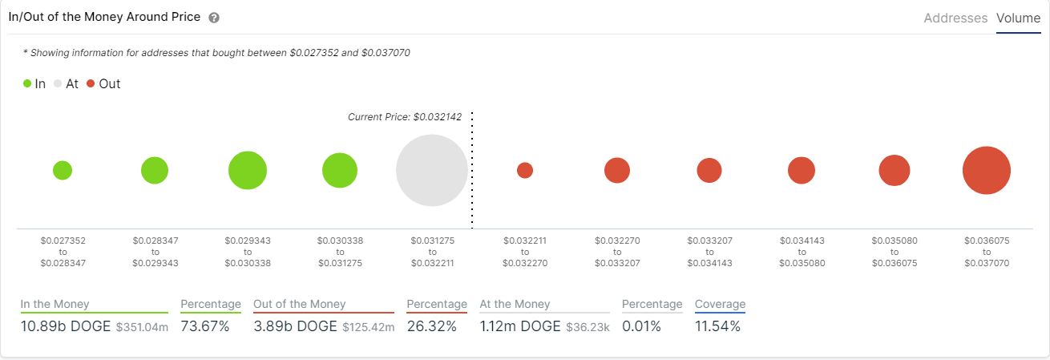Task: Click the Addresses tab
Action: pos(955,18)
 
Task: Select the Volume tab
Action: pos(1018,18)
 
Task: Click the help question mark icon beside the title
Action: pos(213,18)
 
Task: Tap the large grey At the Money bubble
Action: pos(432,171)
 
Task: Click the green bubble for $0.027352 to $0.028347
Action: pos(63,170)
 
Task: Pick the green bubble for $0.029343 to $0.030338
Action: pos(248,170)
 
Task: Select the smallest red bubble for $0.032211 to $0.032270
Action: pos(525,170)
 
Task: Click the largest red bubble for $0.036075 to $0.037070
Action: pos(986,170)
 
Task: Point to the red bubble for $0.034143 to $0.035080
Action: pos(802,170)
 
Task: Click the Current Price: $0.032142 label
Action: pos(405,117)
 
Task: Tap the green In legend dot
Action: pos(27,83)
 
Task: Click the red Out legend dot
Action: pos(91,83)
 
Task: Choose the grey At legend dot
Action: pos(57,83)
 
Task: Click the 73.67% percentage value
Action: pos(205,326)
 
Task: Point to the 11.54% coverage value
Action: pos(717,326)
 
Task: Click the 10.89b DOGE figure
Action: pos(66,326)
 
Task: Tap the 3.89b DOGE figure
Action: pos(295,326)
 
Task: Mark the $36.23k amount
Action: pos(589,327)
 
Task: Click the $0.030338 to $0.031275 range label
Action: pos(340,251)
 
